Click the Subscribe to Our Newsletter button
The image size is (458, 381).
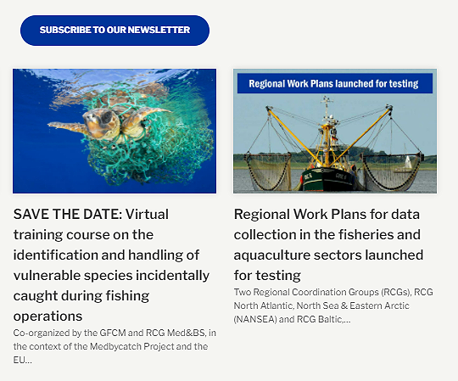pyautogui.click(x=114, y=30)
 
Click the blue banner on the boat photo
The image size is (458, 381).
pyautogui.click(x=335, y=83)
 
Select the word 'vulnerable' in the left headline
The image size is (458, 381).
pyautogui.click(x=48, y=275)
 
